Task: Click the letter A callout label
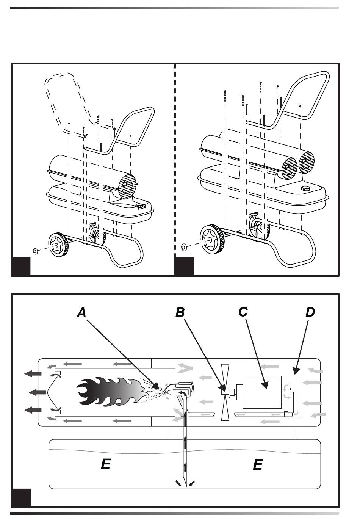[81, 313]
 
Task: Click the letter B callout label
[180, 312]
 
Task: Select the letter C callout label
[243, 312]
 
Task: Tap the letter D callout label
[310, 312]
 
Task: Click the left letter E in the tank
[105, 464]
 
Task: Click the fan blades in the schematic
[225, 392]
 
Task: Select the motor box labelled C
[261, 392]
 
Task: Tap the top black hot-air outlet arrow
[33, 374]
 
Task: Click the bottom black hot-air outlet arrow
[33, 410]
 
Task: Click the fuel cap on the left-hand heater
[141, 206]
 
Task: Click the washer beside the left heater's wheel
[36, 251]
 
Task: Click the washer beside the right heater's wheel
[185, 247]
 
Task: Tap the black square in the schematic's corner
[21, 498]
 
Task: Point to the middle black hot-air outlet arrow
[37, 392]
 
